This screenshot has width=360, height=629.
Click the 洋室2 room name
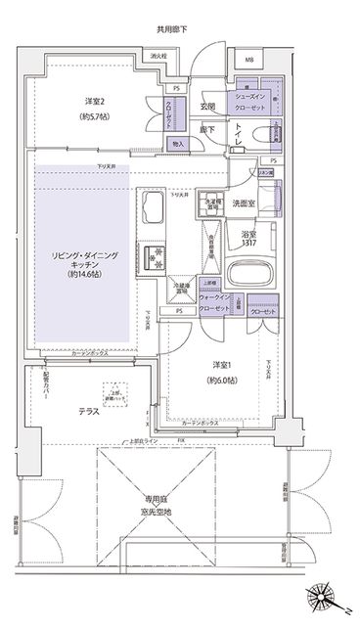(x=94, y=100)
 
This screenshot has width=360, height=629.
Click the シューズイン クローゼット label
(x=248, y=105)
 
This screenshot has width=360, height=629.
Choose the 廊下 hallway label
(x=208, y=128)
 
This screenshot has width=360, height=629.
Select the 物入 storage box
(x=177, y=144)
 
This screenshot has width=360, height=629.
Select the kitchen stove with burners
(x=155, y=257)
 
